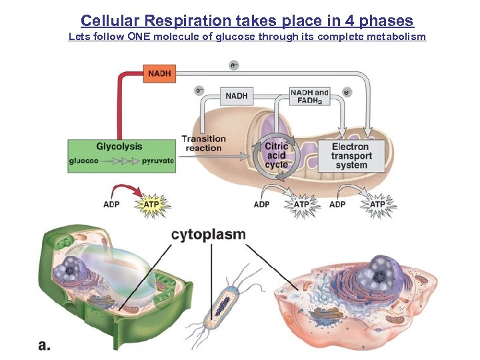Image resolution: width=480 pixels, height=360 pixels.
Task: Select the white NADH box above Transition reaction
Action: (237, 96)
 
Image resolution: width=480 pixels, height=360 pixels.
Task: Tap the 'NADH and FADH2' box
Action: (310, 96)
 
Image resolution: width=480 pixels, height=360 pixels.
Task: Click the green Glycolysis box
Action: (121, 155)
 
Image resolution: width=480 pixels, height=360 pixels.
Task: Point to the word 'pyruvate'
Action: (157, 161)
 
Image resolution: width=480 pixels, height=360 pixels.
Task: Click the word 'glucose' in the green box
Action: (83, 161)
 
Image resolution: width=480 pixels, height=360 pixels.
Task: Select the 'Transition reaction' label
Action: (204, 143)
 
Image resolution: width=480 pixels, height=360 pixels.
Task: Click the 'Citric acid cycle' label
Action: (277, 155)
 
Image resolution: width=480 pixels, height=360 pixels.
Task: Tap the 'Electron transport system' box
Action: (351, 155)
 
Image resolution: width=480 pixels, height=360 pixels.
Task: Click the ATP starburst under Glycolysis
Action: (152, 204)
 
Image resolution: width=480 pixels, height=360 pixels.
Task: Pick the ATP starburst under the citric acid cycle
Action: (302, 204)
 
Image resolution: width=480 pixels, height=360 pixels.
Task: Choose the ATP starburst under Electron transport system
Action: (377, 204)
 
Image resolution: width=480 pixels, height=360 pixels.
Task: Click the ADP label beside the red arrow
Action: (111, 204)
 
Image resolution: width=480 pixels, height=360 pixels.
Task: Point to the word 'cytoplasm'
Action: (209, 235)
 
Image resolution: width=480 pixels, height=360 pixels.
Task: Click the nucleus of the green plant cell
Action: (68, 270)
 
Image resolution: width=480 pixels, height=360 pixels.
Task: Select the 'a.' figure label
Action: (45, 345)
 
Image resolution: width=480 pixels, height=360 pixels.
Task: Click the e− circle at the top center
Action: (234, 65)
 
